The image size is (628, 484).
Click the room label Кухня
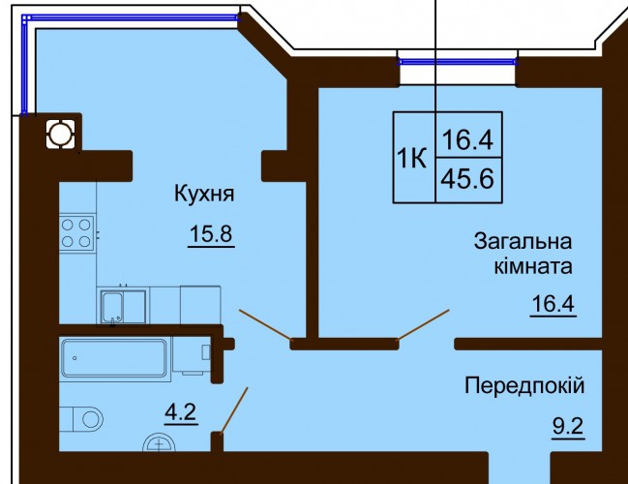pos(204,195)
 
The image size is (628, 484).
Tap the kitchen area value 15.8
pos(211,233)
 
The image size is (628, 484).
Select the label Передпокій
pos(524,386)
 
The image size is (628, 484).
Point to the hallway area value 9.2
pos(568,426)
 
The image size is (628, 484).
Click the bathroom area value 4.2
pos(181,411)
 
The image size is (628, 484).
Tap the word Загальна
pos(523,242)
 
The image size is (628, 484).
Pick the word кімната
pos(533,265)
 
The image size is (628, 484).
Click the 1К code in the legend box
pos(411,159)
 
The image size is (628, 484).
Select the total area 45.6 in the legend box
pos(467,179)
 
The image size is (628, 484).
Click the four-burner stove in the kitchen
pos(76,232)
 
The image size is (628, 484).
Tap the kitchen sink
pos(112,307)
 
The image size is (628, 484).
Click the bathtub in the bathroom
pos(114,358)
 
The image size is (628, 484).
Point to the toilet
pos(81,419)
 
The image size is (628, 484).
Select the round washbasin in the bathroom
pos(160,443)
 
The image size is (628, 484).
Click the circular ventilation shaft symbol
pos(60,135)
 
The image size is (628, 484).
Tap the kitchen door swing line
pos(265,325)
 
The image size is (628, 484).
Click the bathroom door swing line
pos(234,410)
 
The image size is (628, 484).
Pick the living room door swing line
pos(423,325)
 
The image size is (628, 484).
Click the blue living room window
pos(458,62)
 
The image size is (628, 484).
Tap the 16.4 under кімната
pos(553,303)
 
